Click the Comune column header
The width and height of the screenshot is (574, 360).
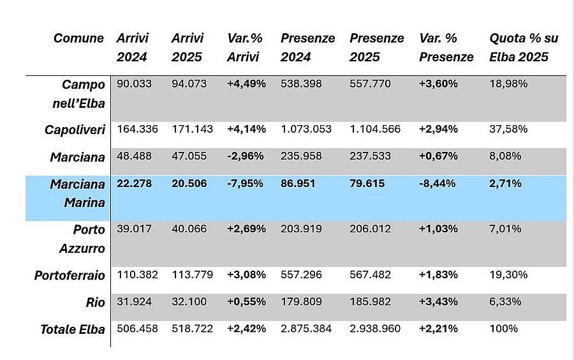[x=78, y=38]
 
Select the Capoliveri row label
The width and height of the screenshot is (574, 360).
[x=75, y=130]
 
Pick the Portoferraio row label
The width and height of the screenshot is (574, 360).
[x=70, y=275]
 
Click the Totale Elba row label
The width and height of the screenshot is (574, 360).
[x=73, y=329]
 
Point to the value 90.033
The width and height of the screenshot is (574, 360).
[x=134, y=84]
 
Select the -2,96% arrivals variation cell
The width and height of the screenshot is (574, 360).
[x=246, y=156]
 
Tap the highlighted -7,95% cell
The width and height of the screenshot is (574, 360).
[x=246, y=184]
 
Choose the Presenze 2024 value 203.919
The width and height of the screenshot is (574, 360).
[x=301, y=229]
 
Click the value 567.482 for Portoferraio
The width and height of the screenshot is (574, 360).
[x=370, y=275]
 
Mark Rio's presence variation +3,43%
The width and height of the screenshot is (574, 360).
[x=438, y=302]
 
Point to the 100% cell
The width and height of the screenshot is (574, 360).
[x=503, y=329]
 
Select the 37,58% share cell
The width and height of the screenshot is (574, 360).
[x=508, y=130]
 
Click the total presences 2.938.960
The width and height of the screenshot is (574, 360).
[x=375, y=329]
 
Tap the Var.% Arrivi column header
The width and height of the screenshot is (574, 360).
[x=245, y=48]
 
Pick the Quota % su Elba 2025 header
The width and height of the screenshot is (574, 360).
[x=523, y=48]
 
